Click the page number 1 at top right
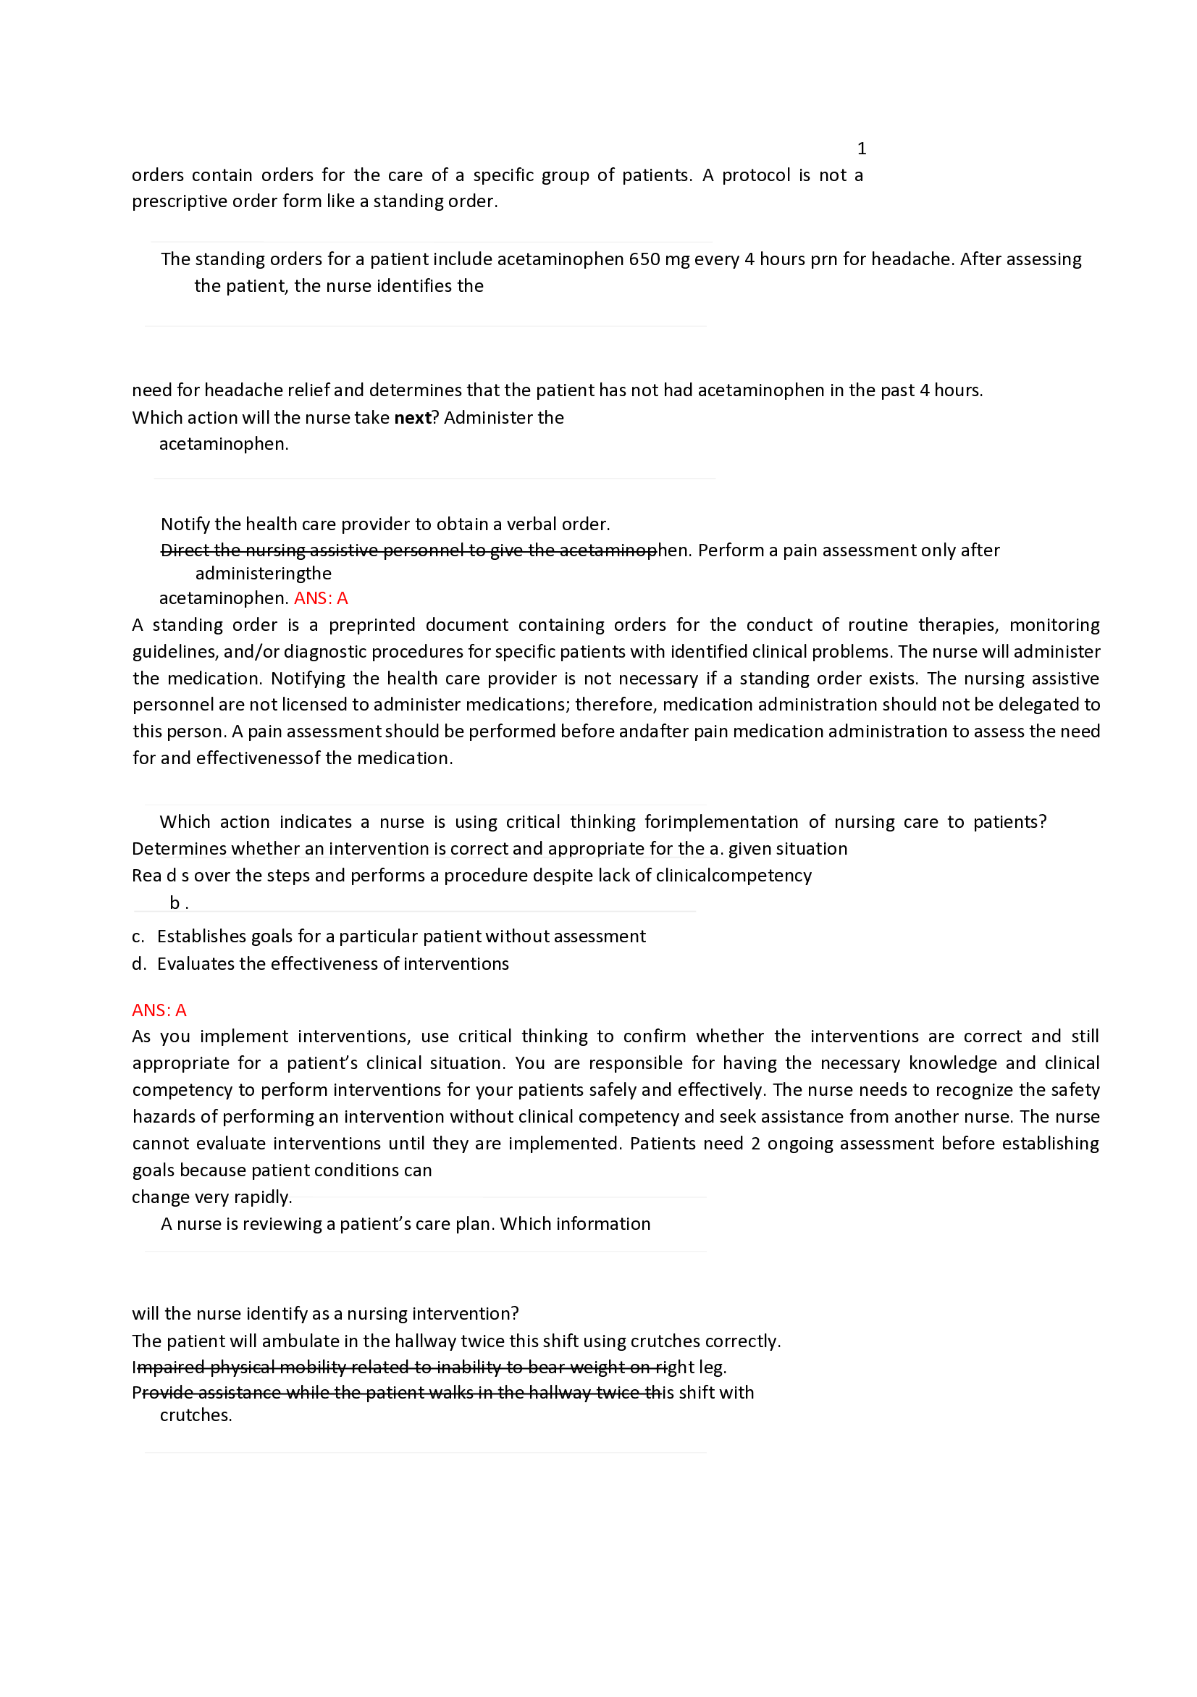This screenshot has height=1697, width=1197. pos(861,148)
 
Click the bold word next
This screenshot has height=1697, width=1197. pos(411,418)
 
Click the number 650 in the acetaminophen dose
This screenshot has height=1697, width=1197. pos(644,259)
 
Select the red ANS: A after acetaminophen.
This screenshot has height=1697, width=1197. pos(321,598)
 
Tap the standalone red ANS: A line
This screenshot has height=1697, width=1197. pos(159,1010)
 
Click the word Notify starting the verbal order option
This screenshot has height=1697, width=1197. pos(185,524)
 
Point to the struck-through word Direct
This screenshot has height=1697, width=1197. pos(184,550)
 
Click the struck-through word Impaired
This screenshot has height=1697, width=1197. pos(169,1367)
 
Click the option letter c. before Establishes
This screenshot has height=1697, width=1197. pos(138,937)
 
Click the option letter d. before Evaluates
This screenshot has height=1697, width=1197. pos(138,964)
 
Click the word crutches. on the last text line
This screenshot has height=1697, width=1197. pos(196,1415)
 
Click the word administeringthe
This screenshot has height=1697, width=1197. pos(263,574)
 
